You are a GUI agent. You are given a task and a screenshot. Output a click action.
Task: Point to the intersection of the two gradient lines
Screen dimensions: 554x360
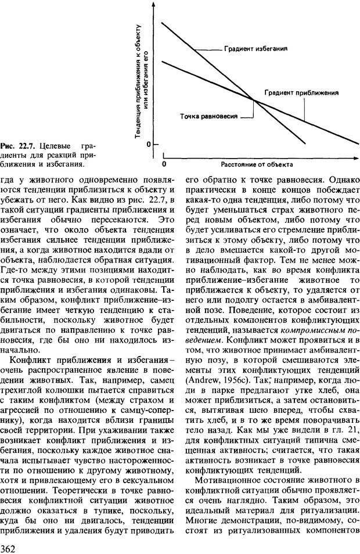click(x=254, y=100)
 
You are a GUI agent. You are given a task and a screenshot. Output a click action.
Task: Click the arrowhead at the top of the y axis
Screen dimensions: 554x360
click(x=153, y=4)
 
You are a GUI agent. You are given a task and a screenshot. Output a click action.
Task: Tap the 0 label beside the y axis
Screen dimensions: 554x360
click(x=148, y=143)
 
